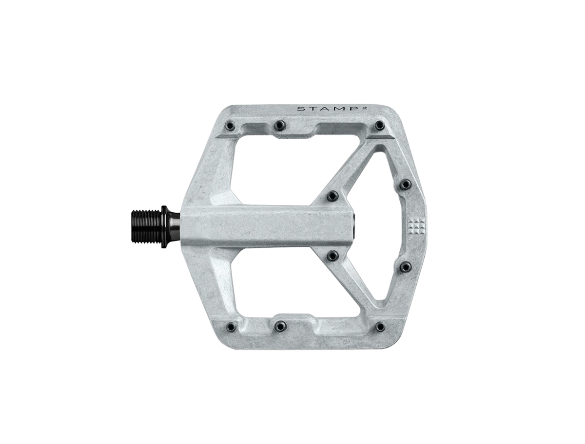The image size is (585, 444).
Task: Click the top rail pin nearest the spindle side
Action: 229,127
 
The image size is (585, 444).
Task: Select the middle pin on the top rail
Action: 279,126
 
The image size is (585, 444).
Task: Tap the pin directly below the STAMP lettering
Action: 380,126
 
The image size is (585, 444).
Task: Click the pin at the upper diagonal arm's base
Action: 333,195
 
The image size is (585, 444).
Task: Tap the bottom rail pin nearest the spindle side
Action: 229,325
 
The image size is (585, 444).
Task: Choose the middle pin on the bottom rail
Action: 279,325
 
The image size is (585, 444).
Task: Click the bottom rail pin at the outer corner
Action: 380,325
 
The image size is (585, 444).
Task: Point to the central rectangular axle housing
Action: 268,224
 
